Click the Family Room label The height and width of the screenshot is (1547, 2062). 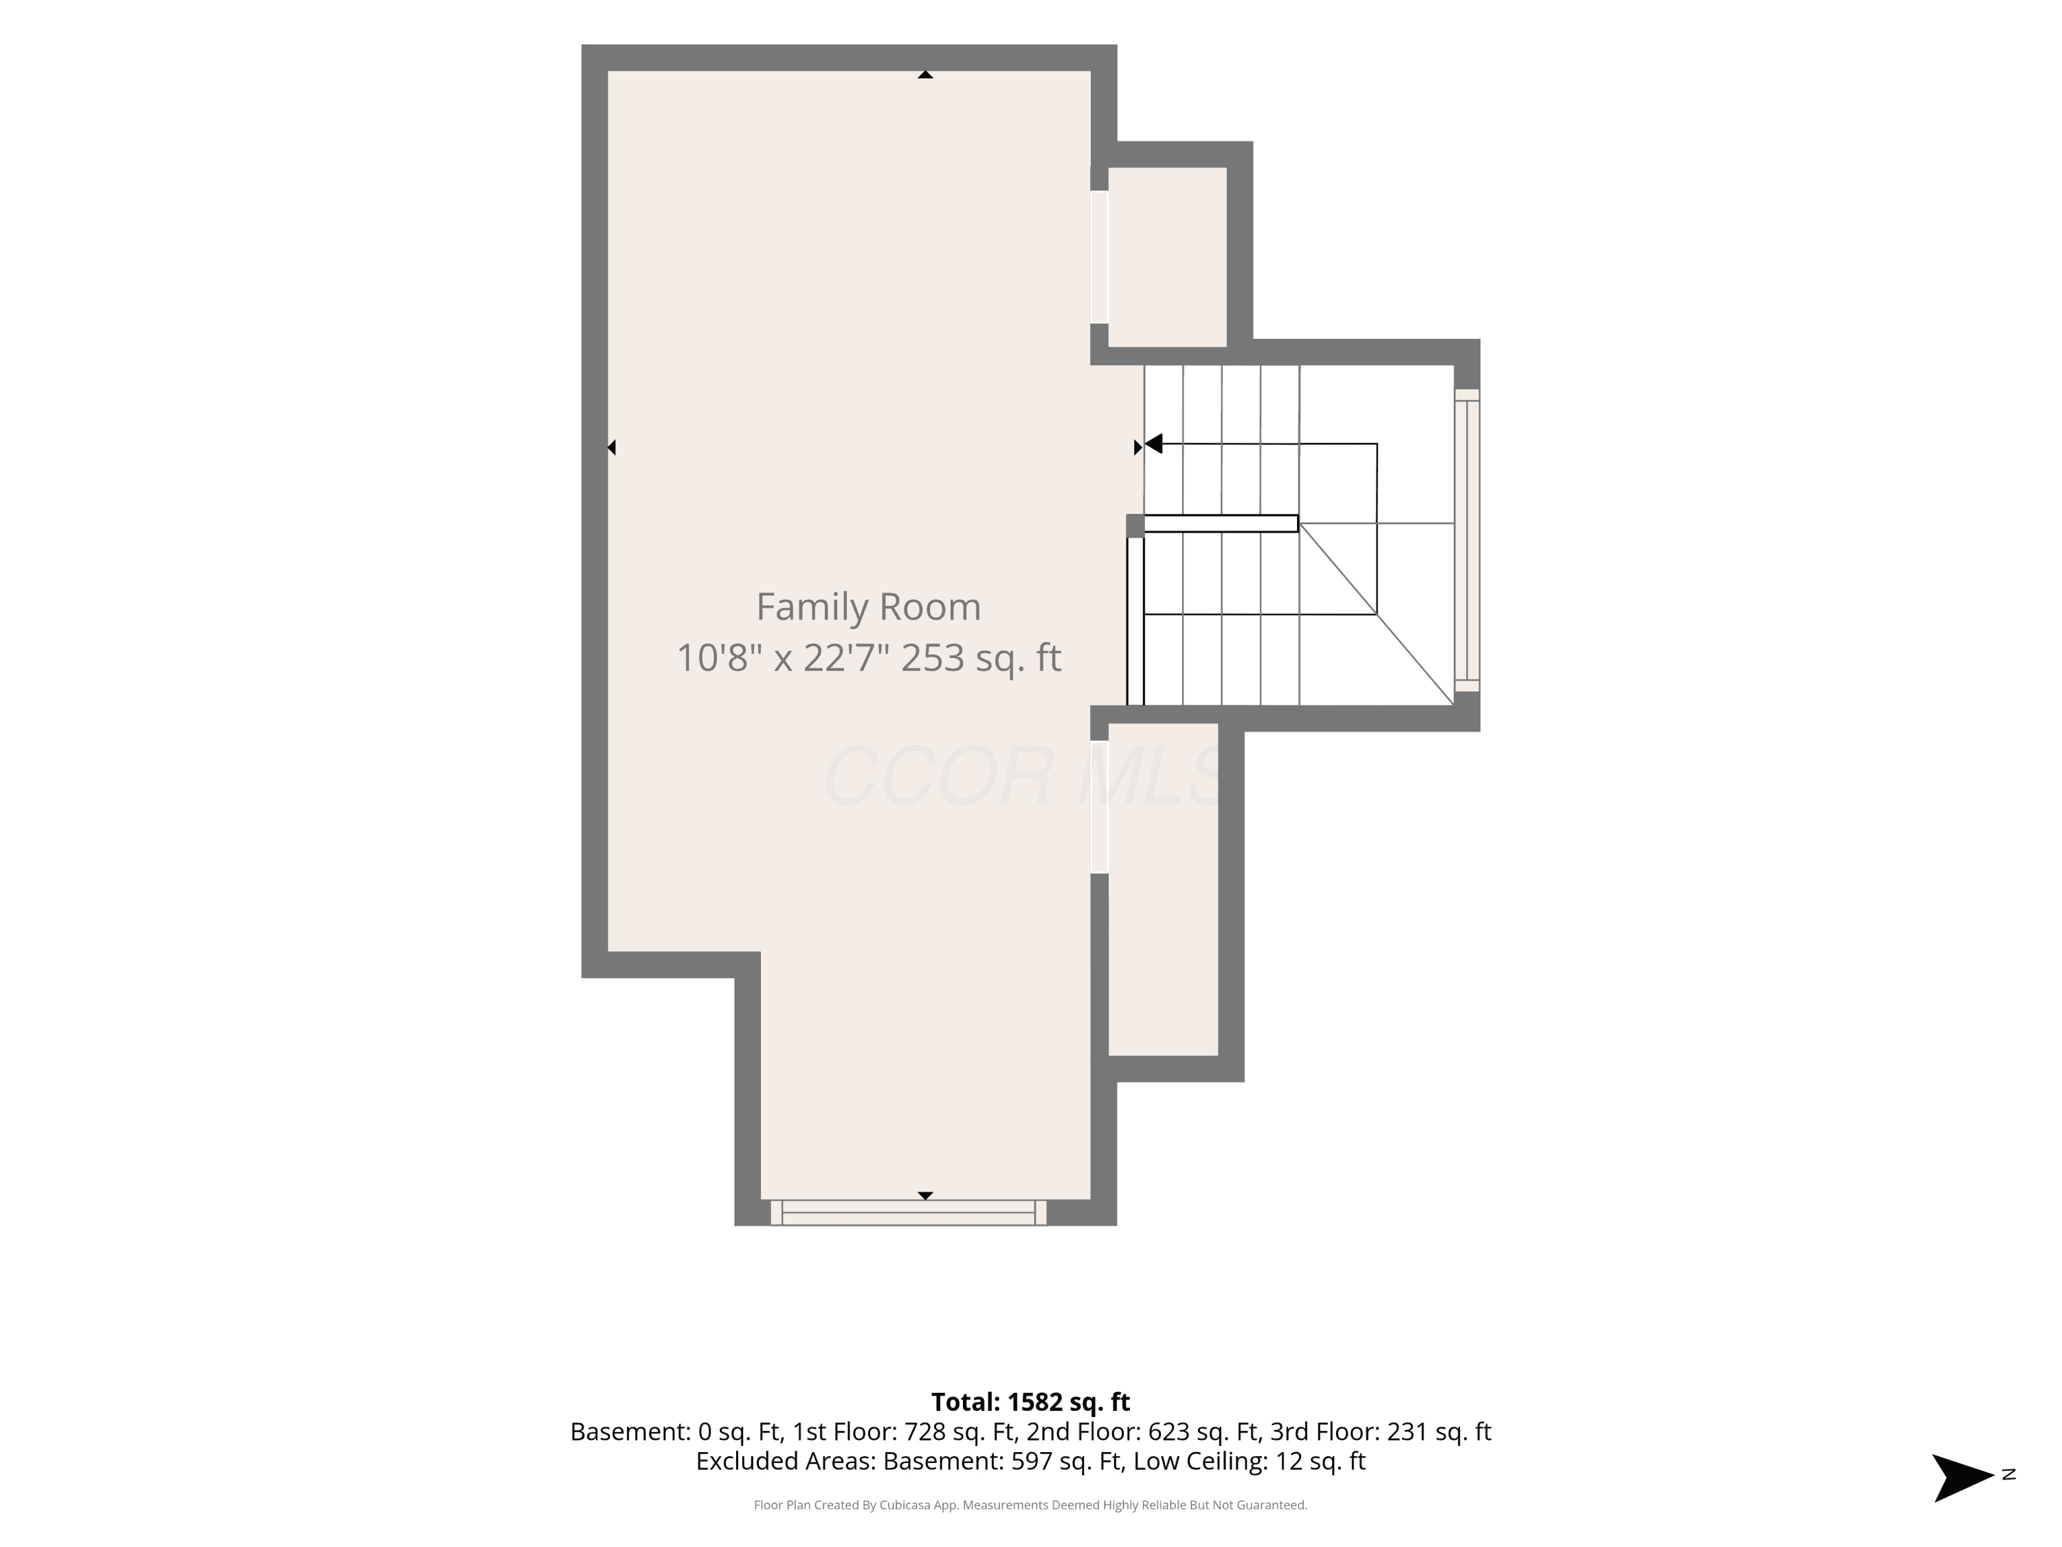(x=868, y=607)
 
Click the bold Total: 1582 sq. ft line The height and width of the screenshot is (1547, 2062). (x=1030, y=1401)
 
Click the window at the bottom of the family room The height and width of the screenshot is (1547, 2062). (x=908, y=1212)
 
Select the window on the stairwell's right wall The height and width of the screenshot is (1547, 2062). (x=1466, y=540)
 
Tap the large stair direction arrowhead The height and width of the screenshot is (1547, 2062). (x=1153, y=444)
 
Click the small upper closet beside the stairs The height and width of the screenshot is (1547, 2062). (x=1167, y=257)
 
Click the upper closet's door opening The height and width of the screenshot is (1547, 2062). (x=1099, y=257)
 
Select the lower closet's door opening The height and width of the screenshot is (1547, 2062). (x=1099, y=807)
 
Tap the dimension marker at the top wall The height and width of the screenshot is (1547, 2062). (x=924, y=74)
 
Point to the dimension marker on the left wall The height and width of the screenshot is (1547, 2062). (x=612, y=448)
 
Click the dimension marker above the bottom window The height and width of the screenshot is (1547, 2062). (x=924, y=1196)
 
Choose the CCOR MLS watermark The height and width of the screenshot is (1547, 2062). (x=1023, y=776)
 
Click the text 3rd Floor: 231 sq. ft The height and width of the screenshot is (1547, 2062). (x=1381, y=1431)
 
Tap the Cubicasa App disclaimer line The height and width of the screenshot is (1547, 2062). (x=1030, y=1505)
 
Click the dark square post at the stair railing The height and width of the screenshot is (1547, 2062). (x=1135, y=526)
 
